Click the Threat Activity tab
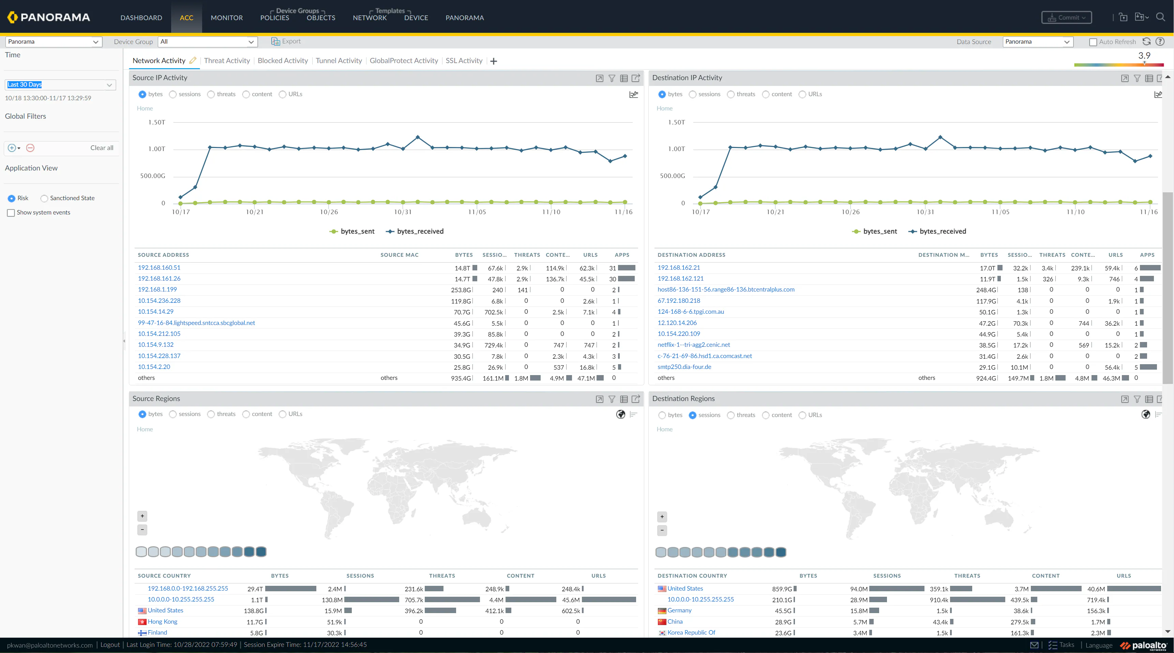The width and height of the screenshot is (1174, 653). [x=226, y=61]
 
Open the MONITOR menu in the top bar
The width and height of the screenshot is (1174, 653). [x=226, y=18]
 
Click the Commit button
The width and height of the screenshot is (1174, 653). [x=1066, y=18]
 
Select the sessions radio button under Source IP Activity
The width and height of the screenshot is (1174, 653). [x=173, y=94]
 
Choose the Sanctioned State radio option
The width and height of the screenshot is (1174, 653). [x=44, y=198]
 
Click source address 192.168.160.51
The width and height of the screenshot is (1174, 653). [x=159, y=268]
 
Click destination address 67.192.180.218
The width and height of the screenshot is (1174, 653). [x=679, y=300]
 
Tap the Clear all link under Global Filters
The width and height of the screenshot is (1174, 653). [x=102, y=148]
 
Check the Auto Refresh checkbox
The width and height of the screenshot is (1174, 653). [x=1093, y=42]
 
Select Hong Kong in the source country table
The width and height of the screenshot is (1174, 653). [x=162, y=622]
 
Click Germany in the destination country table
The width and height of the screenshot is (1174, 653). [x=679, y=611]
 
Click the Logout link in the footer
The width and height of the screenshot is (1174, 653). [x=110, y=645]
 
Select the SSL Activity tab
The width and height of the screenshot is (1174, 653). [x=464, y=61]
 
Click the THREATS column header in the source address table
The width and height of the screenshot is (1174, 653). [x=527, y=255]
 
